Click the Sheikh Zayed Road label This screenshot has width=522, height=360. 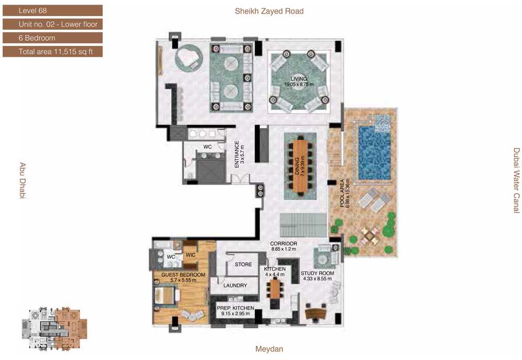click(269, 11)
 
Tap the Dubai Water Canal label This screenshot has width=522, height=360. click(516, 181)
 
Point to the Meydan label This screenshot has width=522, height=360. click(269, 349)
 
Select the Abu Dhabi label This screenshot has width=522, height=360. click(22, 181)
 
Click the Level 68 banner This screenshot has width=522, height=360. click(53, 10)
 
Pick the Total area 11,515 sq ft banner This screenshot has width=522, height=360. click(53, 52)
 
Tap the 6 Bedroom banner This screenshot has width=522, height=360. click(53, 38)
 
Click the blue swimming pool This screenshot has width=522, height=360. click(374, 152)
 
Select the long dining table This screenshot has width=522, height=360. click(300, 166)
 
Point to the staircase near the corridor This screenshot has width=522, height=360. click(303, 225)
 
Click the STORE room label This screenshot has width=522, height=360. click(243, 265)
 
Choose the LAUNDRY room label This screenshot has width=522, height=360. click(235, 285)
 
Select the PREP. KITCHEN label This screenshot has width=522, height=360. click(235, 308)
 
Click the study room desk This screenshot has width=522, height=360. click(315, 313)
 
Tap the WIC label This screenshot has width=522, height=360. click(191, 255)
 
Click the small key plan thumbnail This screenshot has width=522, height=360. click(55, 329)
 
